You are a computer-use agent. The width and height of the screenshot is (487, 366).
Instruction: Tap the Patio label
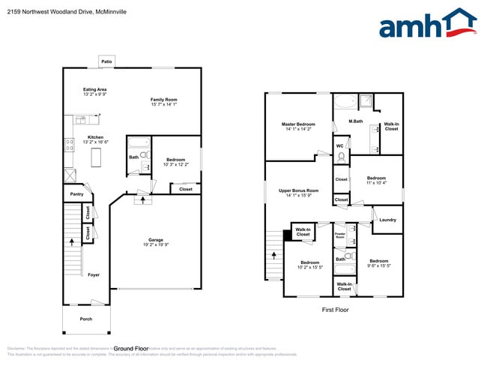[x=107, y=61]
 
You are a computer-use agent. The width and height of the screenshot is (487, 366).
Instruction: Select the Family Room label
[x=163, y=99]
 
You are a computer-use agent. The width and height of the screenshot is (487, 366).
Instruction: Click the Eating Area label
[x=94, y=89]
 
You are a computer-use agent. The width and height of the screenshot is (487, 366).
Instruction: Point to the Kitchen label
[x=95, y=137]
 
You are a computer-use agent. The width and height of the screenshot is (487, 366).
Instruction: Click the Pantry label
[x=76, y=193]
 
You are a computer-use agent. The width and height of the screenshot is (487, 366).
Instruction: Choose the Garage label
[x=155, y=239]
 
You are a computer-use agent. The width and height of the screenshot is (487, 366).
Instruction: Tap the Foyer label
[x=93, y=274]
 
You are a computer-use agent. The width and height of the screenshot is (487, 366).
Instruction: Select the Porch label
[x=86, y=319]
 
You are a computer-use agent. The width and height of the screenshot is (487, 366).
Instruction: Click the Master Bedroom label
[x=298, y=124]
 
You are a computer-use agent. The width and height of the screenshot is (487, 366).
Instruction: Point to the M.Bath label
[x=356, y=121]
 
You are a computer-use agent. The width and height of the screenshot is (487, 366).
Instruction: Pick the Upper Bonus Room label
[x=298, y=190]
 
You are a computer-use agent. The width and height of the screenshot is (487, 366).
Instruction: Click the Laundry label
[x=387, y=220]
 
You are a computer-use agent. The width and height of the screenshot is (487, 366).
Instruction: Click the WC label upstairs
[x=339, y=145]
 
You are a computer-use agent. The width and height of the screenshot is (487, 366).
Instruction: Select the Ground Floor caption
[x=130, y=349]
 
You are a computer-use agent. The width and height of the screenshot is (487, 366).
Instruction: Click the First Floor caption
[x=335, y=309]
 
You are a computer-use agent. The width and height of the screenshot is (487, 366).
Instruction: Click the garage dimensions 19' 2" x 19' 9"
[x=155, y=245]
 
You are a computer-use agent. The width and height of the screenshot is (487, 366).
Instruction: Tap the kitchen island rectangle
[x=95, y=158]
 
